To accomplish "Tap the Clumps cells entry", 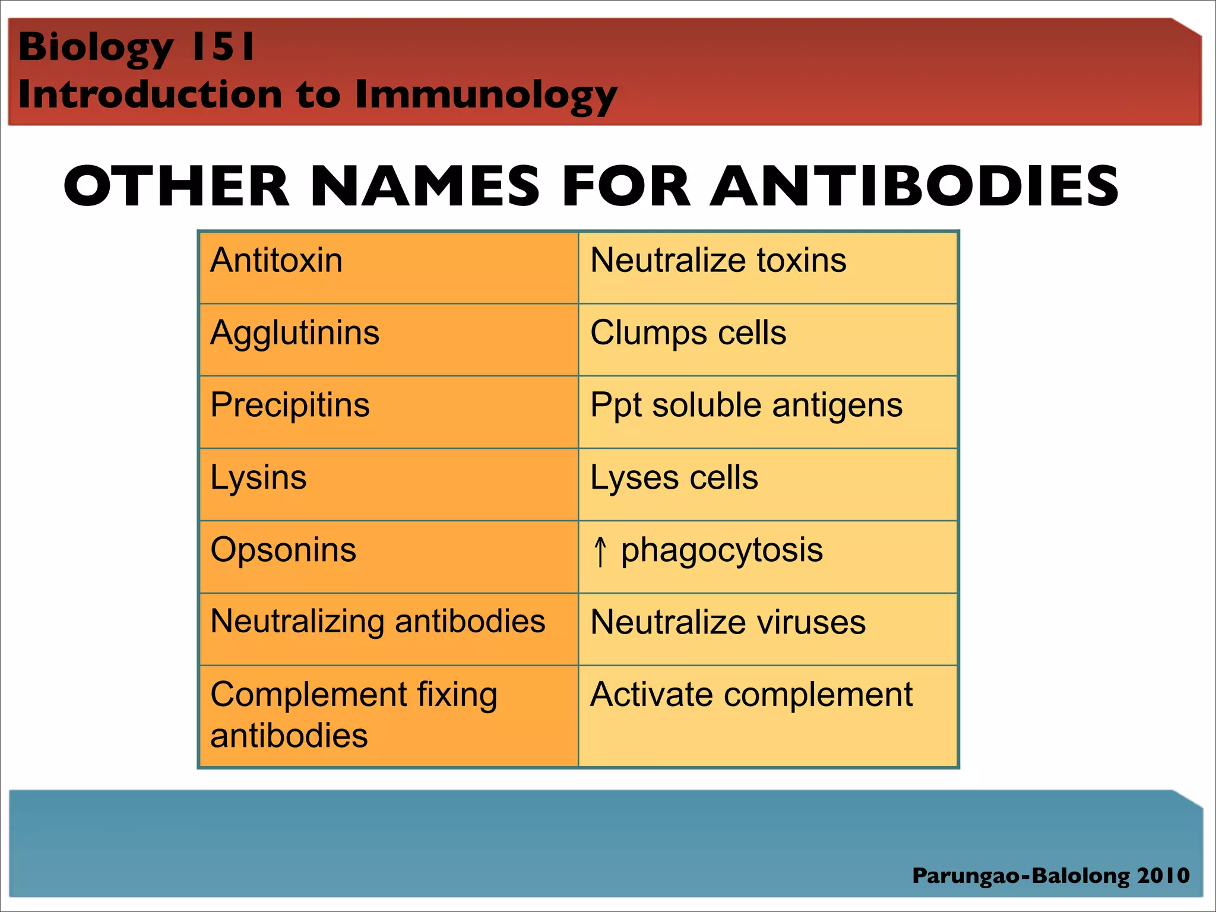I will [688, 333].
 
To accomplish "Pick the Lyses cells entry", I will [674, 478].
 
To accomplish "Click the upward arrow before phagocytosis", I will [600, 552].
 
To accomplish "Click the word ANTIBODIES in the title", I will [914, 186].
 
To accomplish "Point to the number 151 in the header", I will [222, 47].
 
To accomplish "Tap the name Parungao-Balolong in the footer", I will [1021, 876].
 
